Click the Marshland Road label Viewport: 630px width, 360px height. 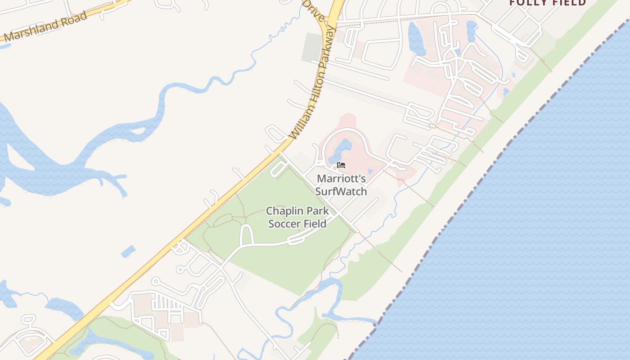pyautogui.click(x=45, y=27)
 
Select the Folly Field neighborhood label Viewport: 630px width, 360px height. pyautogui.click(x=547, y=3)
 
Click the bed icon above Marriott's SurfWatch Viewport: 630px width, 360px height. pyautogui.click(x=341, y=165)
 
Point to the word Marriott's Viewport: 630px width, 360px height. pyautogui.click(x=341, y=179)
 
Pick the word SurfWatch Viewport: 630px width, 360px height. pyautogui.click(x=341, y=192)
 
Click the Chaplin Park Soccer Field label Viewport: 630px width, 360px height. pyautogui.click(x=297, y=217)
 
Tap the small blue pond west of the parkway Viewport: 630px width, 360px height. pyautogui.click(x=128, y=251)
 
